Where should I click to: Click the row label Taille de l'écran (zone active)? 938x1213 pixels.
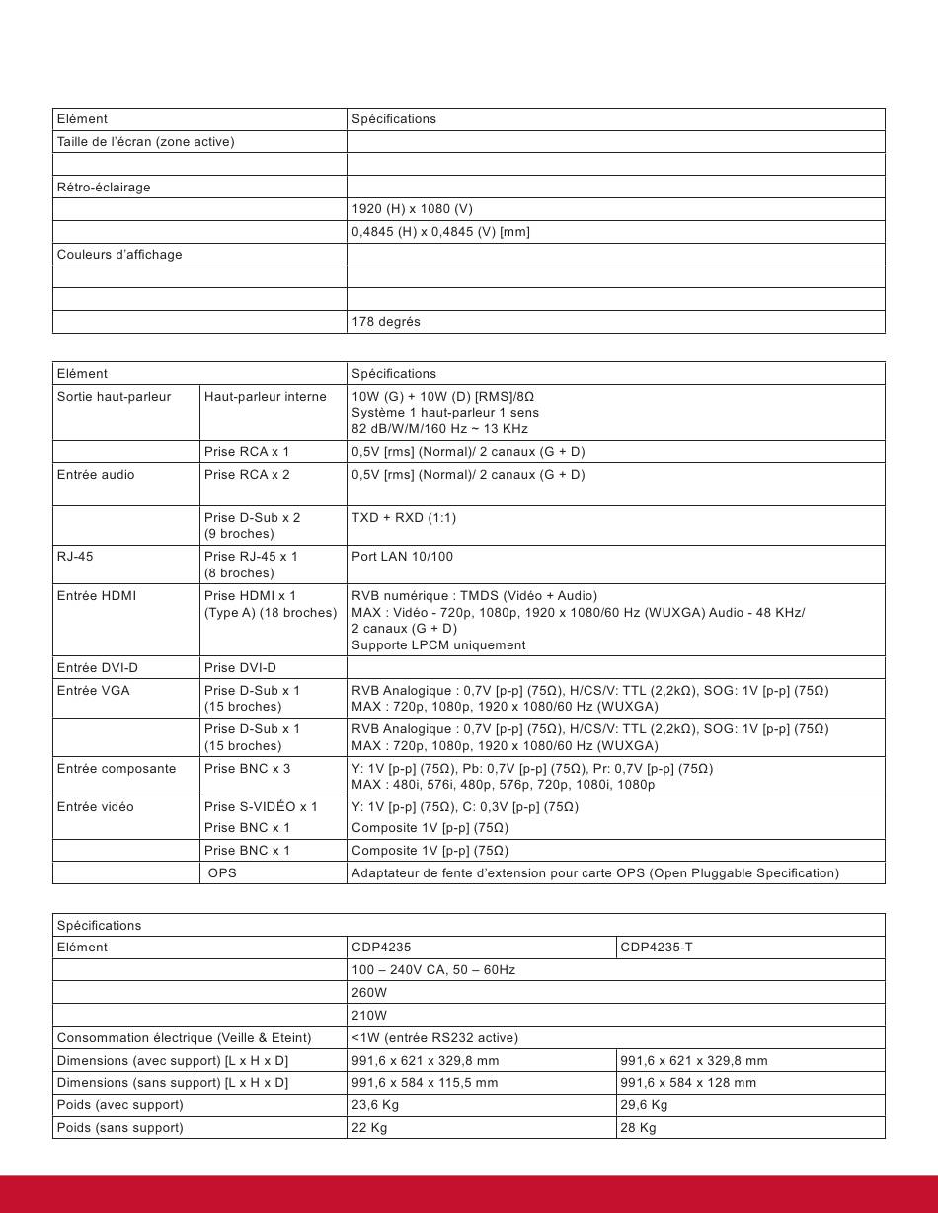[145, 142]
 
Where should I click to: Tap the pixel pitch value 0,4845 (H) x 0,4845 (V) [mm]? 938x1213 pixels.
[440, 232]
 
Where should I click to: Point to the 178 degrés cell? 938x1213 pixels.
[386, 322]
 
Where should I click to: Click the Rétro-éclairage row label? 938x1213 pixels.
[104, 188]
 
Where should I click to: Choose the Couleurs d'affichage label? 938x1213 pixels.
[119, 255]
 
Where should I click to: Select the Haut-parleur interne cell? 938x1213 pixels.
[265, 397]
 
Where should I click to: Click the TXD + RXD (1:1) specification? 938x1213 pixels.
[404, 518]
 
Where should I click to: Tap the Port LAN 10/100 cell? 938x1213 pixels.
[402, 557]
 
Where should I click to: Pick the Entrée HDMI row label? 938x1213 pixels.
[97, 596]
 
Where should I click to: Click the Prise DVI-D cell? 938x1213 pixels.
[240, 668]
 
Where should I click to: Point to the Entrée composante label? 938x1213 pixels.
[117, 769]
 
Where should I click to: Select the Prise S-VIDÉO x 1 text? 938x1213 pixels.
[261, 807]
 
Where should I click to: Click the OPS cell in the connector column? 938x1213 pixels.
[223, 873]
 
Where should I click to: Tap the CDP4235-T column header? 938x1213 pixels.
[657, 948]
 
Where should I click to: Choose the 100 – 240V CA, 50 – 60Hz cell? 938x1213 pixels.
[433, 970]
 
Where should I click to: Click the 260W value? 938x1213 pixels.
[369, 993]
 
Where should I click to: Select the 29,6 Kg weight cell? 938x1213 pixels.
[644, 1105]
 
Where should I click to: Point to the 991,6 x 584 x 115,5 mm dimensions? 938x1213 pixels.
[425, 1083]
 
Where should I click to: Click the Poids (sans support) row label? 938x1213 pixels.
[119, 1128]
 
